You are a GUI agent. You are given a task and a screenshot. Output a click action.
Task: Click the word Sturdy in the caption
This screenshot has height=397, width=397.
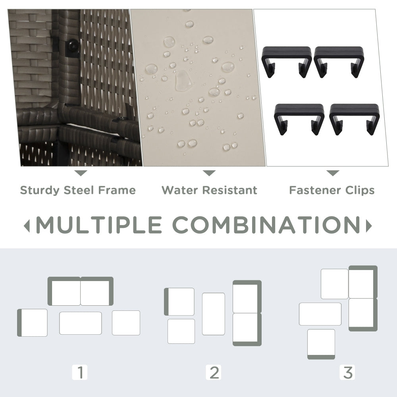(40, 191)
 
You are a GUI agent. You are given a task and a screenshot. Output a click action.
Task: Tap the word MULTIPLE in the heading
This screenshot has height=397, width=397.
(99, 225)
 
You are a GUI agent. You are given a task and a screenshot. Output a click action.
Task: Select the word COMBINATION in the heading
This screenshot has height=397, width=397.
(267, 225)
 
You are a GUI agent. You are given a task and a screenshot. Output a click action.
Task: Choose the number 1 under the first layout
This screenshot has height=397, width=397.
(80, 372)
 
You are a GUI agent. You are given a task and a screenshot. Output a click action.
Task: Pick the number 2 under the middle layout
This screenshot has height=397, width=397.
(214, 372)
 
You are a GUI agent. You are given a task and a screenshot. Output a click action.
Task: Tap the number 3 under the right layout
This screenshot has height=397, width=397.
(347, 372)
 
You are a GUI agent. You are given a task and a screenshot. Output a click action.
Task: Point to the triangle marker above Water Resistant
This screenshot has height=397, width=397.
(209, 173)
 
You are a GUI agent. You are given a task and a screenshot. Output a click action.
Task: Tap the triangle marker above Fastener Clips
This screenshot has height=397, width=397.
(333, 173)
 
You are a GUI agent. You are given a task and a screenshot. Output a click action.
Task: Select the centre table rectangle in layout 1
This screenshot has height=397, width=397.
(81, 323)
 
